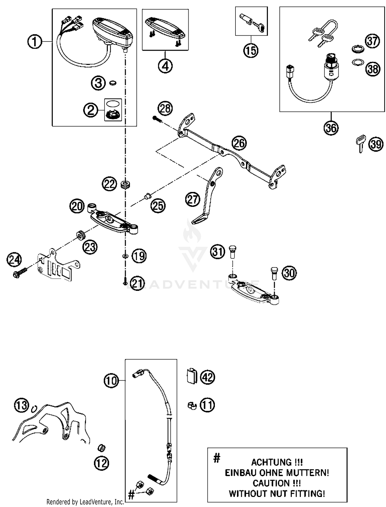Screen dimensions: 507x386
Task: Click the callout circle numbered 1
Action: click(x=35, y=42)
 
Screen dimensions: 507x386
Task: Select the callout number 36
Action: click(x=331, y=128)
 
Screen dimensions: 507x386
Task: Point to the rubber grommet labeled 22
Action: click(x=125, y=184)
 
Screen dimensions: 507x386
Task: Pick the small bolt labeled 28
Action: click(x=156, y=119)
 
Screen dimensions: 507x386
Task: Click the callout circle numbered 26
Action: click(x=239, y=143)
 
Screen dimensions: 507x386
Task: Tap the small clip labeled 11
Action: click(x=192, y=406)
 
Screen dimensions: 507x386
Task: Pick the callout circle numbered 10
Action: click(x=111, y=380)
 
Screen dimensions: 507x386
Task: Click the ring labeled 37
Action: click(x=357, y=49)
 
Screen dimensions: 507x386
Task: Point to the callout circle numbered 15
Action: click(x=251, y=50)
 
